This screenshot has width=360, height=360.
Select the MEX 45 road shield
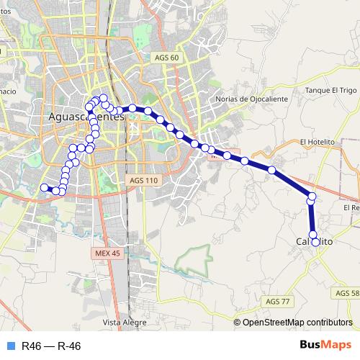[x=107, y=253]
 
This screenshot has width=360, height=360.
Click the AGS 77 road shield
[x=276, y=301]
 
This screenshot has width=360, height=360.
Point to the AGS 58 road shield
[x=347, y=293]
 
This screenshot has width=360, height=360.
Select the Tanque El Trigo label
[x=331, y=90]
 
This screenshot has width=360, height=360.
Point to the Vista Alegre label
[x=120, y=322]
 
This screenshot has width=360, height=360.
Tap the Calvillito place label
[x=315, y=243]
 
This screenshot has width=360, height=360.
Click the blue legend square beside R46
[x=9, y=346]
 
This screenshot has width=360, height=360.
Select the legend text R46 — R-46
[x=51, y=346]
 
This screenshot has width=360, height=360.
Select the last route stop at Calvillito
[x=315, y=242]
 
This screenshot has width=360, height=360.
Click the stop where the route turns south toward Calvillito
[x=312, y=197]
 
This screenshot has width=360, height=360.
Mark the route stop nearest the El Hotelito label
[x=271, y=170]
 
